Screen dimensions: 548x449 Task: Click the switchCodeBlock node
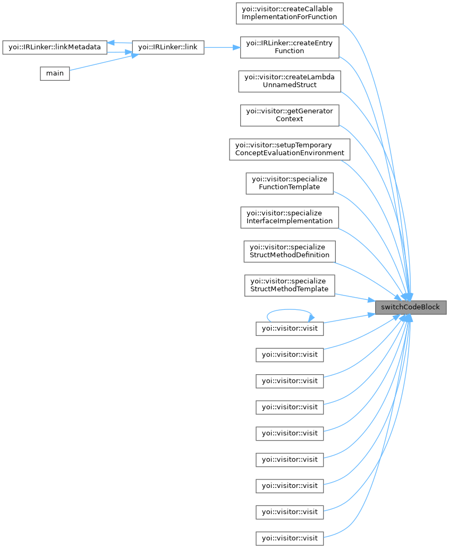tap(410, 307)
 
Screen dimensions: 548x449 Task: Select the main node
tap(55, 73)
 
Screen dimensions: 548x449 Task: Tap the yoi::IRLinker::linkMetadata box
tap(55, 47)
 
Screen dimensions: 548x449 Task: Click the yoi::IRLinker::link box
tap(167, 47)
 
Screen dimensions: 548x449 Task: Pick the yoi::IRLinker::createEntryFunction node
tap(289, 47)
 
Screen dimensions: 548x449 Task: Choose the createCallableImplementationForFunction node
tap(289, 13)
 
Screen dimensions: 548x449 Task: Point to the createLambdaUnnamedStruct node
tap(289, 81)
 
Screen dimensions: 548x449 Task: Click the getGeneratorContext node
tap(289, 115)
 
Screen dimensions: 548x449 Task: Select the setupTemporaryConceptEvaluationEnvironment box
tap(289, 149)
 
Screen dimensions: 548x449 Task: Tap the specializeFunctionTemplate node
tap(289, 183)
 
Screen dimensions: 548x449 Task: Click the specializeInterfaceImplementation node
tap(289, 217)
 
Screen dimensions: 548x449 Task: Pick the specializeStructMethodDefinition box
tap(289, 251)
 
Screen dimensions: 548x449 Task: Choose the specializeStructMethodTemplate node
tap(289, 285)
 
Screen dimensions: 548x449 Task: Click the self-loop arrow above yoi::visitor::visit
tap(289, 310)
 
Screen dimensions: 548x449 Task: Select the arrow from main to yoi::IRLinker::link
tap(101, 63)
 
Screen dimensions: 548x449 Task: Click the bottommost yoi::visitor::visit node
tap(289, 538)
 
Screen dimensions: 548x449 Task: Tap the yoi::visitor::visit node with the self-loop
tap(289, 328)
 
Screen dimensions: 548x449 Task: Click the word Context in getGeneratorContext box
tap(289, 119)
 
